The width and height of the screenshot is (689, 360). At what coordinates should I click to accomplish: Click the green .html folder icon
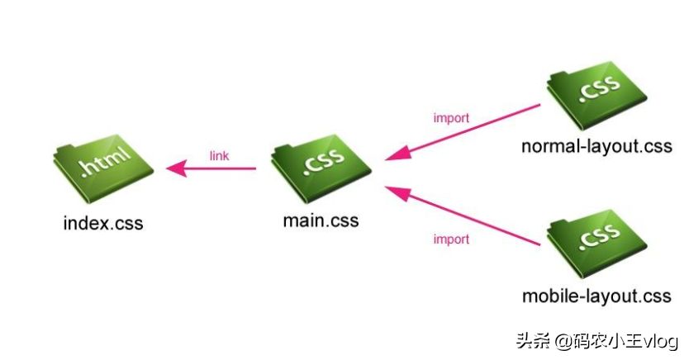click(x=102, y=172)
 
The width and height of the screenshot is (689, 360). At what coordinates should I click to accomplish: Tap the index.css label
click(x=102, y=224)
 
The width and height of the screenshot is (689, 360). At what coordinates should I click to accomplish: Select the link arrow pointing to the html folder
click(x=211, y=170)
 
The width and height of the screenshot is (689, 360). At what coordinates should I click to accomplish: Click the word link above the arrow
click(x=219, y=154)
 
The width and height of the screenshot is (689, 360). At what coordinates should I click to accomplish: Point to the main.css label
click(x=321, y=221)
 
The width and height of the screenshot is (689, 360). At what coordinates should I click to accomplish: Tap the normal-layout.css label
click(x=596, y=147)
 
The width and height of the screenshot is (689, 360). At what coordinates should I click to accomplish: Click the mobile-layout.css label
click(x=596, y=295)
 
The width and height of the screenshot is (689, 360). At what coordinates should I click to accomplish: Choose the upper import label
click(x=451, y=118)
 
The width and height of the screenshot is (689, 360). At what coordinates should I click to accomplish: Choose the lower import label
click(x=451, y=239)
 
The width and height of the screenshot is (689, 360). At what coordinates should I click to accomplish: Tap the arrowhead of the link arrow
click(x=174, y=170)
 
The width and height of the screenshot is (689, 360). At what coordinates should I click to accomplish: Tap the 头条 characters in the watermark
click(x=532, y=340)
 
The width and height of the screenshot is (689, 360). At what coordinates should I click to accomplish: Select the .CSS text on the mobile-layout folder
click(x=596, y=236)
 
